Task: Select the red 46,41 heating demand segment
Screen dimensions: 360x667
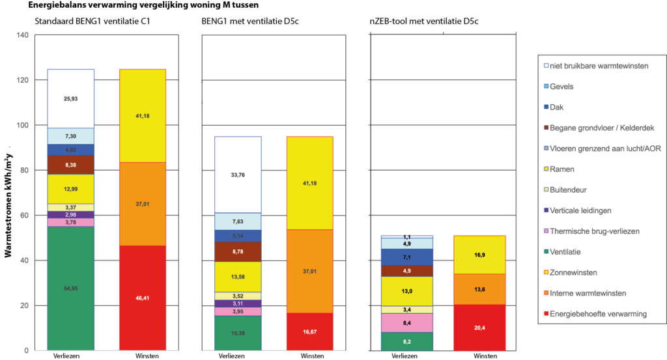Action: (142, 298)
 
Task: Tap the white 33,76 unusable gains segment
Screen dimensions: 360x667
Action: (238, 174)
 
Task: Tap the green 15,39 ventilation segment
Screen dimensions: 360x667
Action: (238, 333)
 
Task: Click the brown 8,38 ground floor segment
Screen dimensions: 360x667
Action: (70, 165)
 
